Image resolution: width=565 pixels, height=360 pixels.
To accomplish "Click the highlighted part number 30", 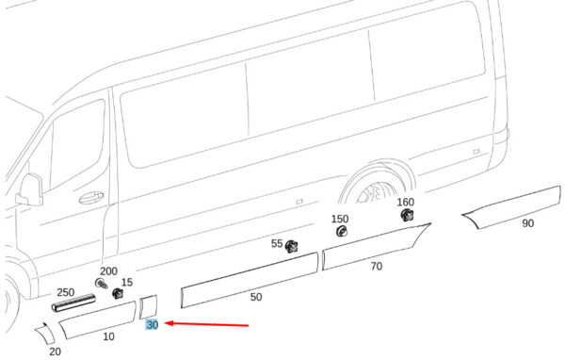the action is point(152,324).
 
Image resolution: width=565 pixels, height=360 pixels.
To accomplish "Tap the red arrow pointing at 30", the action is point(206,324).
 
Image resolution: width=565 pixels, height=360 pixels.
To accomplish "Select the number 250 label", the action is point(66,292).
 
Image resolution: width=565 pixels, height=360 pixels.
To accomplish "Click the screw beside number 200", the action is point(102,284).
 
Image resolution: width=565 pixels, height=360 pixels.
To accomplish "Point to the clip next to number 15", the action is point(118,293).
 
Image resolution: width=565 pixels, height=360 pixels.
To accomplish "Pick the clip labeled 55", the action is point(291,247).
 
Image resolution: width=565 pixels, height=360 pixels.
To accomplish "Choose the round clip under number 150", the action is point(341,231).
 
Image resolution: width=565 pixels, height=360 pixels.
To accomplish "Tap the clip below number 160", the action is point(407,215).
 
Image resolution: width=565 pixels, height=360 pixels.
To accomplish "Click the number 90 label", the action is point(527,223).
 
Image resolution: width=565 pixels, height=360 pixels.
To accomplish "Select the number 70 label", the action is point(376,266).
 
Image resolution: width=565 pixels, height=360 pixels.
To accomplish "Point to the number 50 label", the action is point(256,297).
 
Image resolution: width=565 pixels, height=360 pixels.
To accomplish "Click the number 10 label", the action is point(108,336).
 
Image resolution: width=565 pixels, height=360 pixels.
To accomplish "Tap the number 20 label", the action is point(55,352).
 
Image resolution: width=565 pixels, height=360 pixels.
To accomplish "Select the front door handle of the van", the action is point(91,197).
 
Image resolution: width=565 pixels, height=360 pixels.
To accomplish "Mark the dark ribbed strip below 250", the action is point(73,303).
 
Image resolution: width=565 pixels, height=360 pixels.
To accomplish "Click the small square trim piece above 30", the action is point(149,307).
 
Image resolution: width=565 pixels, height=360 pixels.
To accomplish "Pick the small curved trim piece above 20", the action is point(44,333).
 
